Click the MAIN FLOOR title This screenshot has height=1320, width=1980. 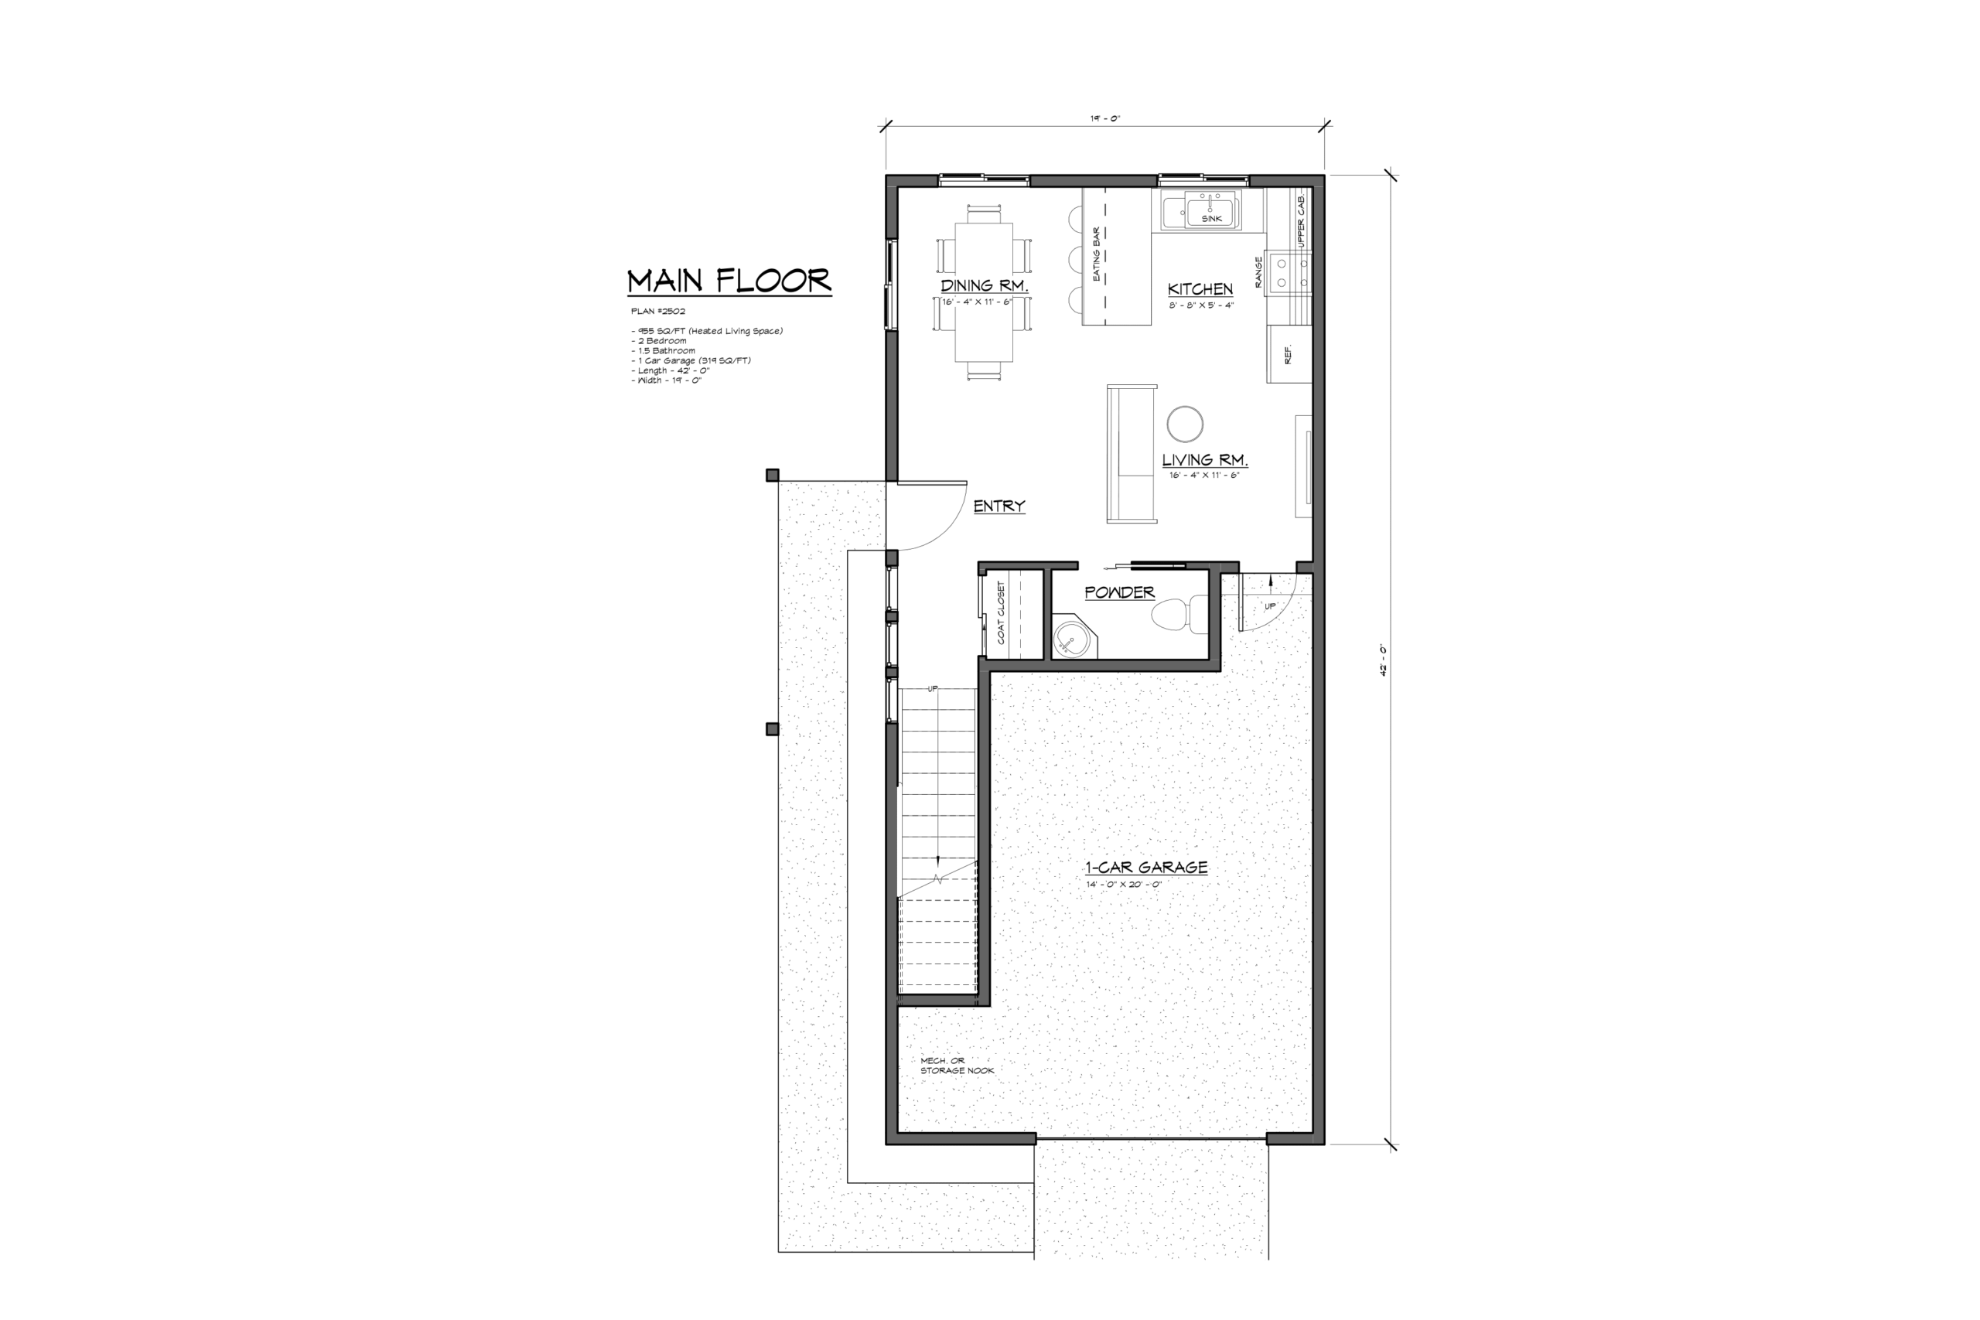729,281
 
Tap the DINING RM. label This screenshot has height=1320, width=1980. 984,285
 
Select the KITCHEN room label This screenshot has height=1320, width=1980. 1200,288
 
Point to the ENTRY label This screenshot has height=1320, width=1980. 999,506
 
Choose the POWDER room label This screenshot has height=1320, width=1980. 1120,592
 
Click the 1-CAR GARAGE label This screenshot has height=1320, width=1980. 1145,867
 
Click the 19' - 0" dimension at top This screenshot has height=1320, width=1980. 1104,118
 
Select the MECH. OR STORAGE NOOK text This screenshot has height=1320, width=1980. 958,1066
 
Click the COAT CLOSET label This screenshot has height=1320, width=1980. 1001,613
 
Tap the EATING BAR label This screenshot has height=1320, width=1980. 1096,254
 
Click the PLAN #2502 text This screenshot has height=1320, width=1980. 658,312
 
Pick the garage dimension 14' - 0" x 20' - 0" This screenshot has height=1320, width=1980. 1124,885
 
